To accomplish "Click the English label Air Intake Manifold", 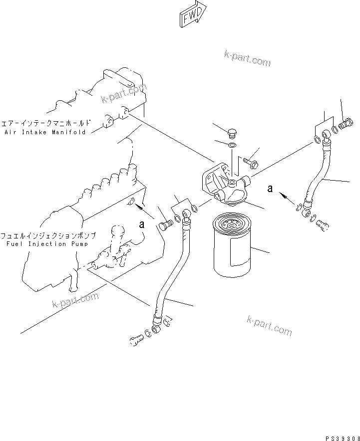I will [45, 132].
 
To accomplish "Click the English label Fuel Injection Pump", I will [48, 244].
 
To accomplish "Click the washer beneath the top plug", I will [232, 145].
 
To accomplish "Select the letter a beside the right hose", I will [270, 189].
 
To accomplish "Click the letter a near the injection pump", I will [142, 224].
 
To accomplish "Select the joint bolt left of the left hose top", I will [166, 226].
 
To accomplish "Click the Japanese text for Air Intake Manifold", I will [46, 122].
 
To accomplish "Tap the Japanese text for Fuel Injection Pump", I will [48, 235].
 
